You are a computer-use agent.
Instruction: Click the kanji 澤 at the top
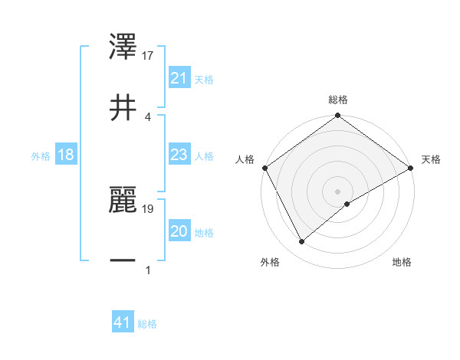(x=123, y=48)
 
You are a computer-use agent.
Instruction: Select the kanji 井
(x=123, y=108)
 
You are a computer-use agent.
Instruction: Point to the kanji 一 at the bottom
(x=123, y=261)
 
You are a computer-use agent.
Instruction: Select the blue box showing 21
(x=179, y=78)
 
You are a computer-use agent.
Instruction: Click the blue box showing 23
(x=179, y=155)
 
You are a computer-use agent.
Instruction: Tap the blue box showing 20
(x=179, y=231)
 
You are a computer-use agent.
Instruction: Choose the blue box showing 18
(x=65, y=155)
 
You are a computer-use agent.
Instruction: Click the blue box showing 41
(x=122, y=322)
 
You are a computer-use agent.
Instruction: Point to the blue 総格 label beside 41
(x=147, y=324)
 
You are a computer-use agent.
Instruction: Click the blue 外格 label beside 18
(x=41, y=156)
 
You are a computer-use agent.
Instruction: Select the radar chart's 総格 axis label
(x=338, y=100)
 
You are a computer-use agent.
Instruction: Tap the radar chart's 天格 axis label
(x=432, y=159)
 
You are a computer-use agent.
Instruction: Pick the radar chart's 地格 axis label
(x=402, y=262)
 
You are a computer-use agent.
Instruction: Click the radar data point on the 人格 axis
(x=264, y=168)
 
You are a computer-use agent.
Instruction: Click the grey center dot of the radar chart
(x=338, y=191)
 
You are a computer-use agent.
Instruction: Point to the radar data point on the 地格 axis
(x=347, y=204)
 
